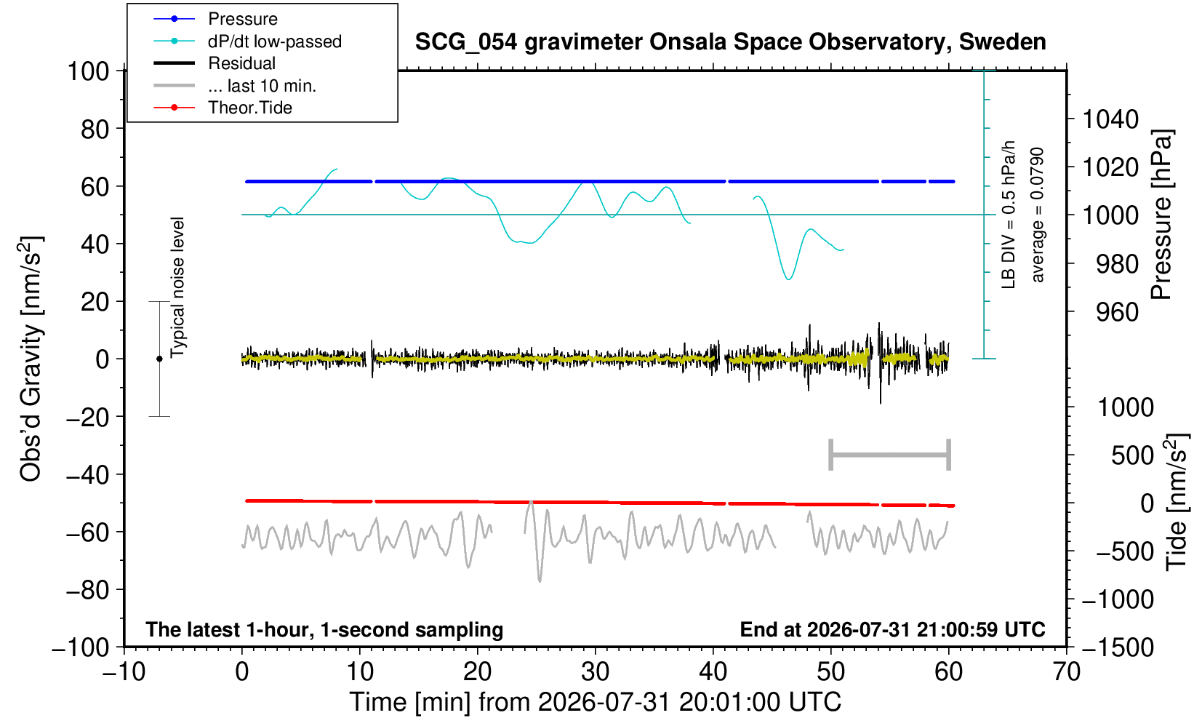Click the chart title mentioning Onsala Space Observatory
coord(730,42)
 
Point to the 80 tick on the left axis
coord(95,129)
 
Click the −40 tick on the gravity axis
coord(87,475)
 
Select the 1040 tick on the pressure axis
coord(1110,119)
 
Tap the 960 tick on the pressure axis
coord(1117,312)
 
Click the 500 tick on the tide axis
coord(1131,456)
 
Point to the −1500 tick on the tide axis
coord(1117,647)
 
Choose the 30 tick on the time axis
coord(595,672)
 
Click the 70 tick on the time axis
coord(1066,672)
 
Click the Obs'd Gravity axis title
coord(31,359)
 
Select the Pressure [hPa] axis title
coord(1161,215)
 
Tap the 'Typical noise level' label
coord(177,288)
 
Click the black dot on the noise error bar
coord(159,359)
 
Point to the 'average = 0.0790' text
coord(1037,215)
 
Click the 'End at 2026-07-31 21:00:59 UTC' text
coord(892,629)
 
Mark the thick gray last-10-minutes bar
coord(890,455)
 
